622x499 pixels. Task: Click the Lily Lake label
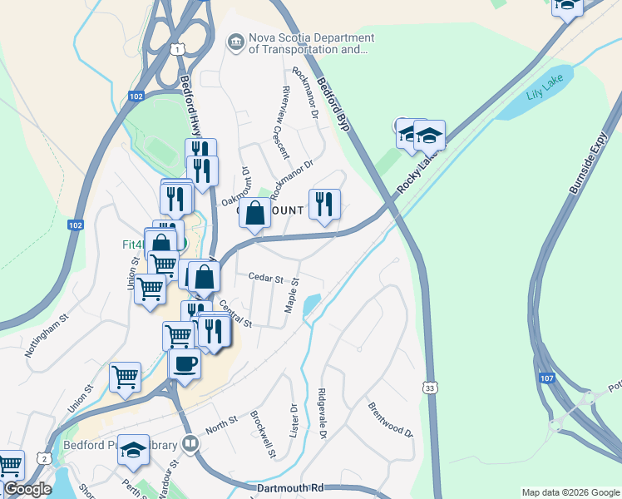point(545,91)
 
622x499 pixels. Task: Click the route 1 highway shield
point(179,49)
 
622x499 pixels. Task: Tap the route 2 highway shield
point(43,458)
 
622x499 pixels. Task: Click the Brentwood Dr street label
point(390,420)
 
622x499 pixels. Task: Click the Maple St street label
point(292,298)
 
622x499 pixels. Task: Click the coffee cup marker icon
point(185,363)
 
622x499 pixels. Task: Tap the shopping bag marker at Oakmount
point(254,213)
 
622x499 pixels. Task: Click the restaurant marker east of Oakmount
point(324,204)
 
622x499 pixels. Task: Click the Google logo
point(27,489)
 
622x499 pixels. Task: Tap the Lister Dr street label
point(294,421)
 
